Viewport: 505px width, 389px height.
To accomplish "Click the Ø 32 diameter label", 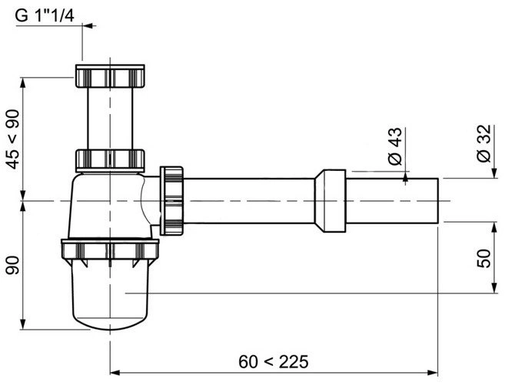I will pos(483,144).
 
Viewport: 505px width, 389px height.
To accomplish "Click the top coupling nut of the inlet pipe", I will pos(111,77).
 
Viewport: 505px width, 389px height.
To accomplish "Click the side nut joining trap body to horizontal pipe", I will pos(171,200).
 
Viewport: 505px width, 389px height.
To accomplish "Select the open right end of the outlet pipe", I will pos(437,200).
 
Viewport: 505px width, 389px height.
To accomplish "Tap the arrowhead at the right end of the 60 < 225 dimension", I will pos(434,373).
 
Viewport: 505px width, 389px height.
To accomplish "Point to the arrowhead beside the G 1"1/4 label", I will pos(87,25).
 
